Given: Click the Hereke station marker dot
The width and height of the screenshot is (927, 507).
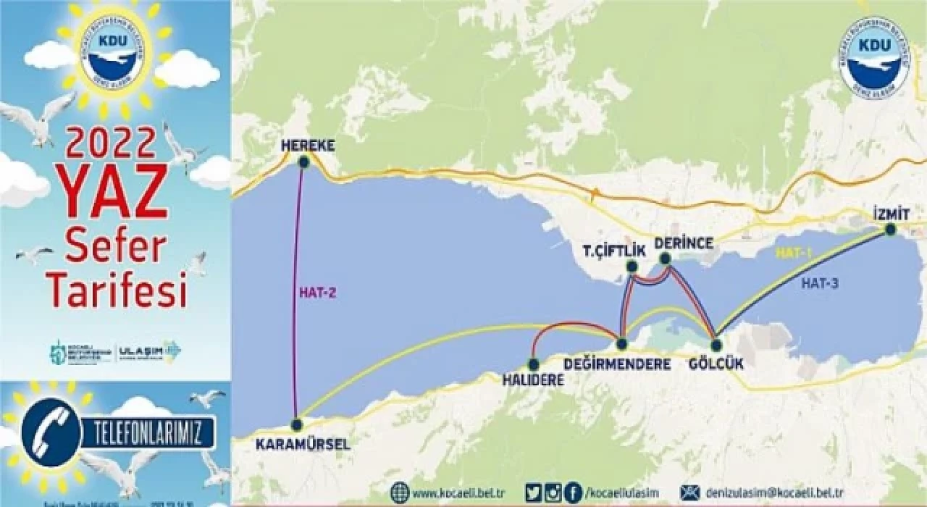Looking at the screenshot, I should (x=303, y=163).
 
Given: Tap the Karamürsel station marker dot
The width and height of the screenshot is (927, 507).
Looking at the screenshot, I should (x=296, y=424).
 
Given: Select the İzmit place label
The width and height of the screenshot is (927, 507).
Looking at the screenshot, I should (x=891, y=214).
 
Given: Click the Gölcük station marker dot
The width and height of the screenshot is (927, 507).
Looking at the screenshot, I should (x=716, y=345).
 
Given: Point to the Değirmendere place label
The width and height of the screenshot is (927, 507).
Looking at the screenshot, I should (x=617, y=364).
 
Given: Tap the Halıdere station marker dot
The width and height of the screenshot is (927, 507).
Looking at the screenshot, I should (x=534, y=364).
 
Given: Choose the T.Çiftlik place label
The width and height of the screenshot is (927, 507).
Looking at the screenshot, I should (x=614, y=251).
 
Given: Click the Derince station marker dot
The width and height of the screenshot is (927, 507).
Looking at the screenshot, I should (x=665, y=258).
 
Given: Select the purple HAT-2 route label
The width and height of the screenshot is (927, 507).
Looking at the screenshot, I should (x=319, y=293).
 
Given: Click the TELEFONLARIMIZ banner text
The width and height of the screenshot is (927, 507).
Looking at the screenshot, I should (x=148, y=433).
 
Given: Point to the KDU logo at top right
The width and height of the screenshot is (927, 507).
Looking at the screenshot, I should (x=875, y=58).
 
